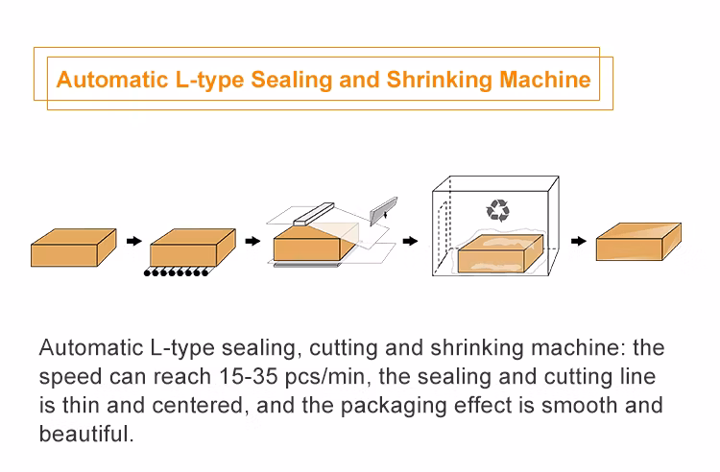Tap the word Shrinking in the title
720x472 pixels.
438,79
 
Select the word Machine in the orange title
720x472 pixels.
544,79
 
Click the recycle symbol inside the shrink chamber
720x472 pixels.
499,208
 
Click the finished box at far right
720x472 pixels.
637,242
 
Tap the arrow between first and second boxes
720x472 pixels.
133,241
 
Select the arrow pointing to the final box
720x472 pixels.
578,241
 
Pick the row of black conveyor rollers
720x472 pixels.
176,273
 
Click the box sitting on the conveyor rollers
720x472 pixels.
192,247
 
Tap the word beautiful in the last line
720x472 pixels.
85,434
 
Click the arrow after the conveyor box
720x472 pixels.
252,241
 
